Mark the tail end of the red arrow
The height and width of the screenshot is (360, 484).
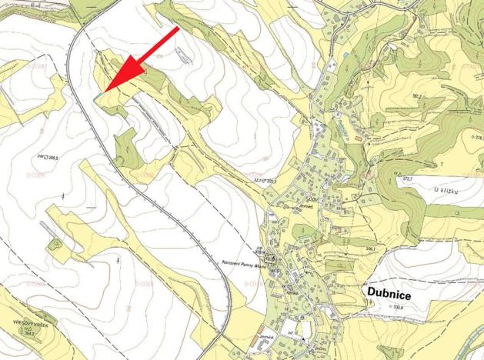(x=178, y=29)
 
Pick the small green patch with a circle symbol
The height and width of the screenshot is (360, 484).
(x=54, y=245)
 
